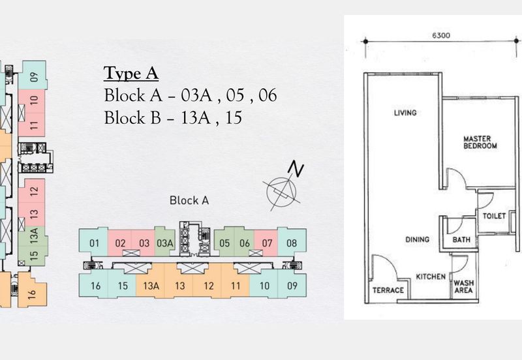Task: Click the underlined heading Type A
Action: [x=131, y=72]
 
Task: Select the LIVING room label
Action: [x=405, y=113]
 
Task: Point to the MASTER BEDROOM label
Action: [x=480, y=142]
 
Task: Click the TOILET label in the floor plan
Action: [x=494, y=216]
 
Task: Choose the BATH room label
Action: [x=461, y=240]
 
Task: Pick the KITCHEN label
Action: [x=431, y=277]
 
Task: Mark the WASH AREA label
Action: [x=463, y=286]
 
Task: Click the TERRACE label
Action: [x=388, y=290]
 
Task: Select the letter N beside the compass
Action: [x=297, y=170]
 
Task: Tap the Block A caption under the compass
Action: [x=189, y=201]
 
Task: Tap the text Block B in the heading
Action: [x=130, y=117]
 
